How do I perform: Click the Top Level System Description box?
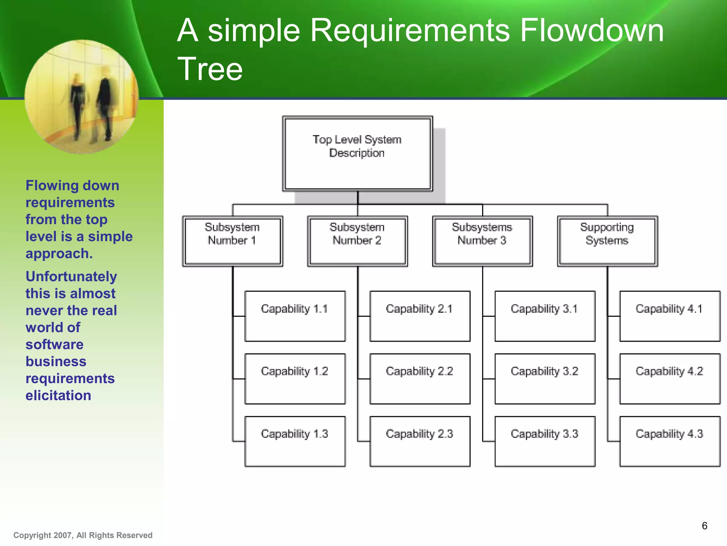point(357,154)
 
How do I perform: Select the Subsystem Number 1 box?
point(233,241)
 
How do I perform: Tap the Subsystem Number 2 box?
point(357,241)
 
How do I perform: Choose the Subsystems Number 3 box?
point(482,241)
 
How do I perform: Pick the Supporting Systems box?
point(607,241)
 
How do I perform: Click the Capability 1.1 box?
point(295,316)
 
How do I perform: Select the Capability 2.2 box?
point(420,379)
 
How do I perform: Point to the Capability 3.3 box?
point(545,441)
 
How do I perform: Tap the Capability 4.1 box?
point(669,316)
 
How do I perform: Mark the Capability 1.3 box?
point(295,441)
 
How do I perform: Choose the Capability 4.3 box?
point(669,441)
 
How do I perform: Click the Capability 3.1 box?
point(545,316)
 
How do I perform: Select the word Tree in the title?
point(210,69)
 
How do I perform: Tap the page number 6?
point(704,526)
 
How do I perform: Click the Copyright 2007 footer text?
point(83,535)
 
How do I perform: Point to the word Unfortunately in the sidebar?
point(71,277)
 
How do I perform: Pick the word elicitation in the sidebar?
point(58,396)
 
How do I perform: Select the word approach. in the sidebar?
point(59,254)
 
